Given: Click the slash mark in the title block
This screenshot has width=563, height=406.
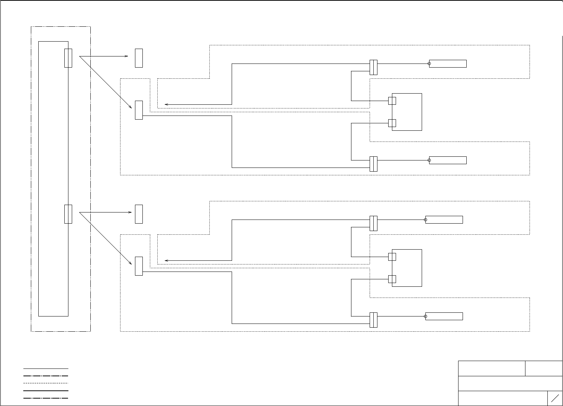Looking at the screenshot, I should tap(555, 398).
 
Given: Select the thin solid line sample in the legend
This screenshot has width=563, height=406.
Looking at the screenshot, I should tap(46, 368).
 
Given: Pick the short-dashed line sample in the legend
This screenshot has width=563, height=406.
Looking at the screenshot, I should tap(46, 383).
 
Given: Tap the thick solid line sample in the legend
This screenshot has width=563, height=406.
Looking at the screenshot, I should tap(46, 390).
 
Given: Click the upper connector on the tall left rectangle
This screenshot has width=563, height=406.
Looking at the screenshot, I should tap(68, 58).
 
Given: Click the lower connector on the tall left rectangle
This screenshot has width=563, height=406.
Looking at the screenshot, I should tap(68, 214).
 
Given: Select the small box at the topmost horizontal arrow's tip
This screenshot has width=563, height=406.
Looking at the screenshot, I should tap(139, 58).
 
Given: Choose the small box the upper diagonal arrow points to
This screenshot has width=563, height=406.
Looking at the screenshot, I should tap(139, 110).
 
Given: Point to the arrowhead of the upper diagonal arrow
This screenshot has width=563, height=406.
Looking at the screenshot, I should tap(131, 107).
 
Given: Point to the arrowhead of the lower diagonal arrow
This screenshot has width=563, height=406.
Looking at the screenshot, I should tap(131, 263).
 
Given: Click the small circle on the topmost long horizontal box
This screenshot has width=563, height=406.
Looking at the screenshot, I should tap(430, 64).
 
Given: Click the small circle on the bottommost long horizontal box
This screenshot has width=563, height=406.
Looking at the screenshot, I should tap(426, 316).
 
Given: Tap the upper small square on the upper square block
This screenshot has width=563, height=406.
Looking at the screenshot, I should tap(392, 101).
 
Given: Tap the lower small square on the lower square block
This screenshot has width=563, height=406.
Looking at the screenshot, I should tap(392, 279).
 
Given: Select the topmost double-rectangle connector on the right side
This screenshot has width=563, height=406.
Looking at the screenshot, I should tap(373, 67).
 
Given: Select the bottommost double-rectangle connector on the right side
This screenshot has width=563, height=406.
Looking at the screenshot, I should tap(373, 320).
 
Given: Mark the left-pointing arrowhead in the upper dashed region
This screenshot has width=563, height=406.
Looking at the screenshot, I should tap(166, 104).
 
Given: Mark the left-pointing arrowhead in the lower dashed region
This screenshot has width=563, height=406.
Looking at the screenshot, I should tap(166, 260).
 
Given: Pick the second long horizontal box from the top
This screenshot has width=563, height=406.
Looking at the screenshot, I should tap(448, 160).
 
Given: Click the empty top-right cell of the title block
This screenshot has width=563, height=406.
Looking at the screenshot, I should tap(544, 368).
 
